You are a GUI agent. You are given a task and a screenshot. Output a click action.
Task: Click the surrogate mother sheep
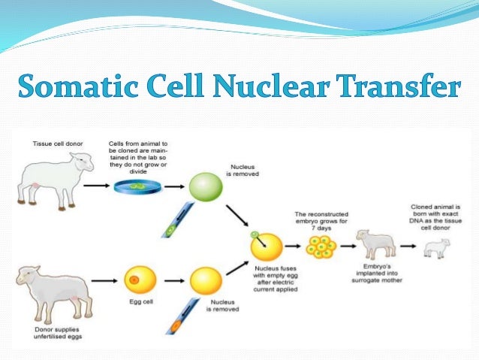click(x=375, y=244)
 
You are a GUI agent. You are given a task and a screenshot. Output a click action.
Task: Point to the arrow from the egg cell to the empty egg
click(x=173, y=282)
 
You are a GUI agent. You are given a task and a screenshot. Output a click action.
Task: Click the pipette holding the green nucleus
click(x=174, y=222)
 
